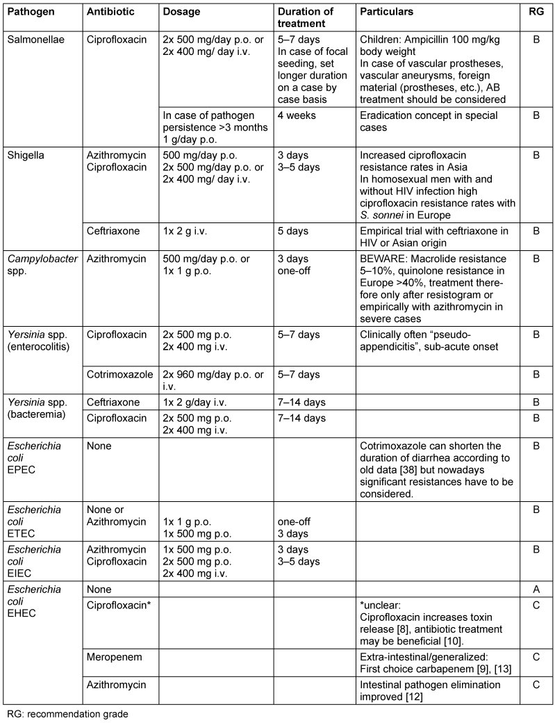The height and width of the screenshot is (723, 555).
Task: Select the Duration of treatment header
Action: (x=306, y=17)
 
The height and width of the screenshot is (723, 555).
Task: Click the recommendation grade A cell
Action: (x=535, y=589)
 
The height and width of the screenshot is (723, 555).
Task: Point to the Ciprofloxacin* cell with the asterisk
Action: (x=119, y=605)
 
